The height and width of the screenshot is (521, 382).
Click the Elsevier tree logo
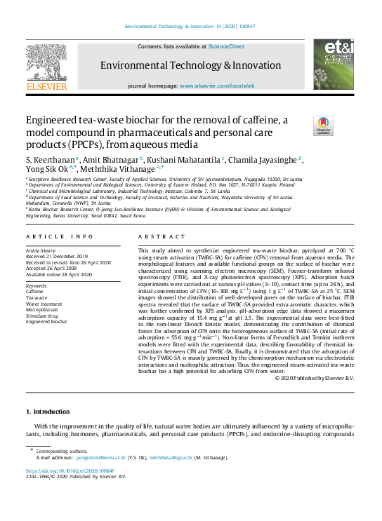tap(46, 62)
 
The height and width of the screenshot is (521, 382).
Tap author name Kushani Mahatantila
tap(183, 160)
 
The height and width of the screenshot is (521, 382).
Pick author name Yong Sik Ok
tap(51, 168)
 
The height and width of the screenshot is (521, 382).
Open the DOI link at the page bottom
tap(69, 471)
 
